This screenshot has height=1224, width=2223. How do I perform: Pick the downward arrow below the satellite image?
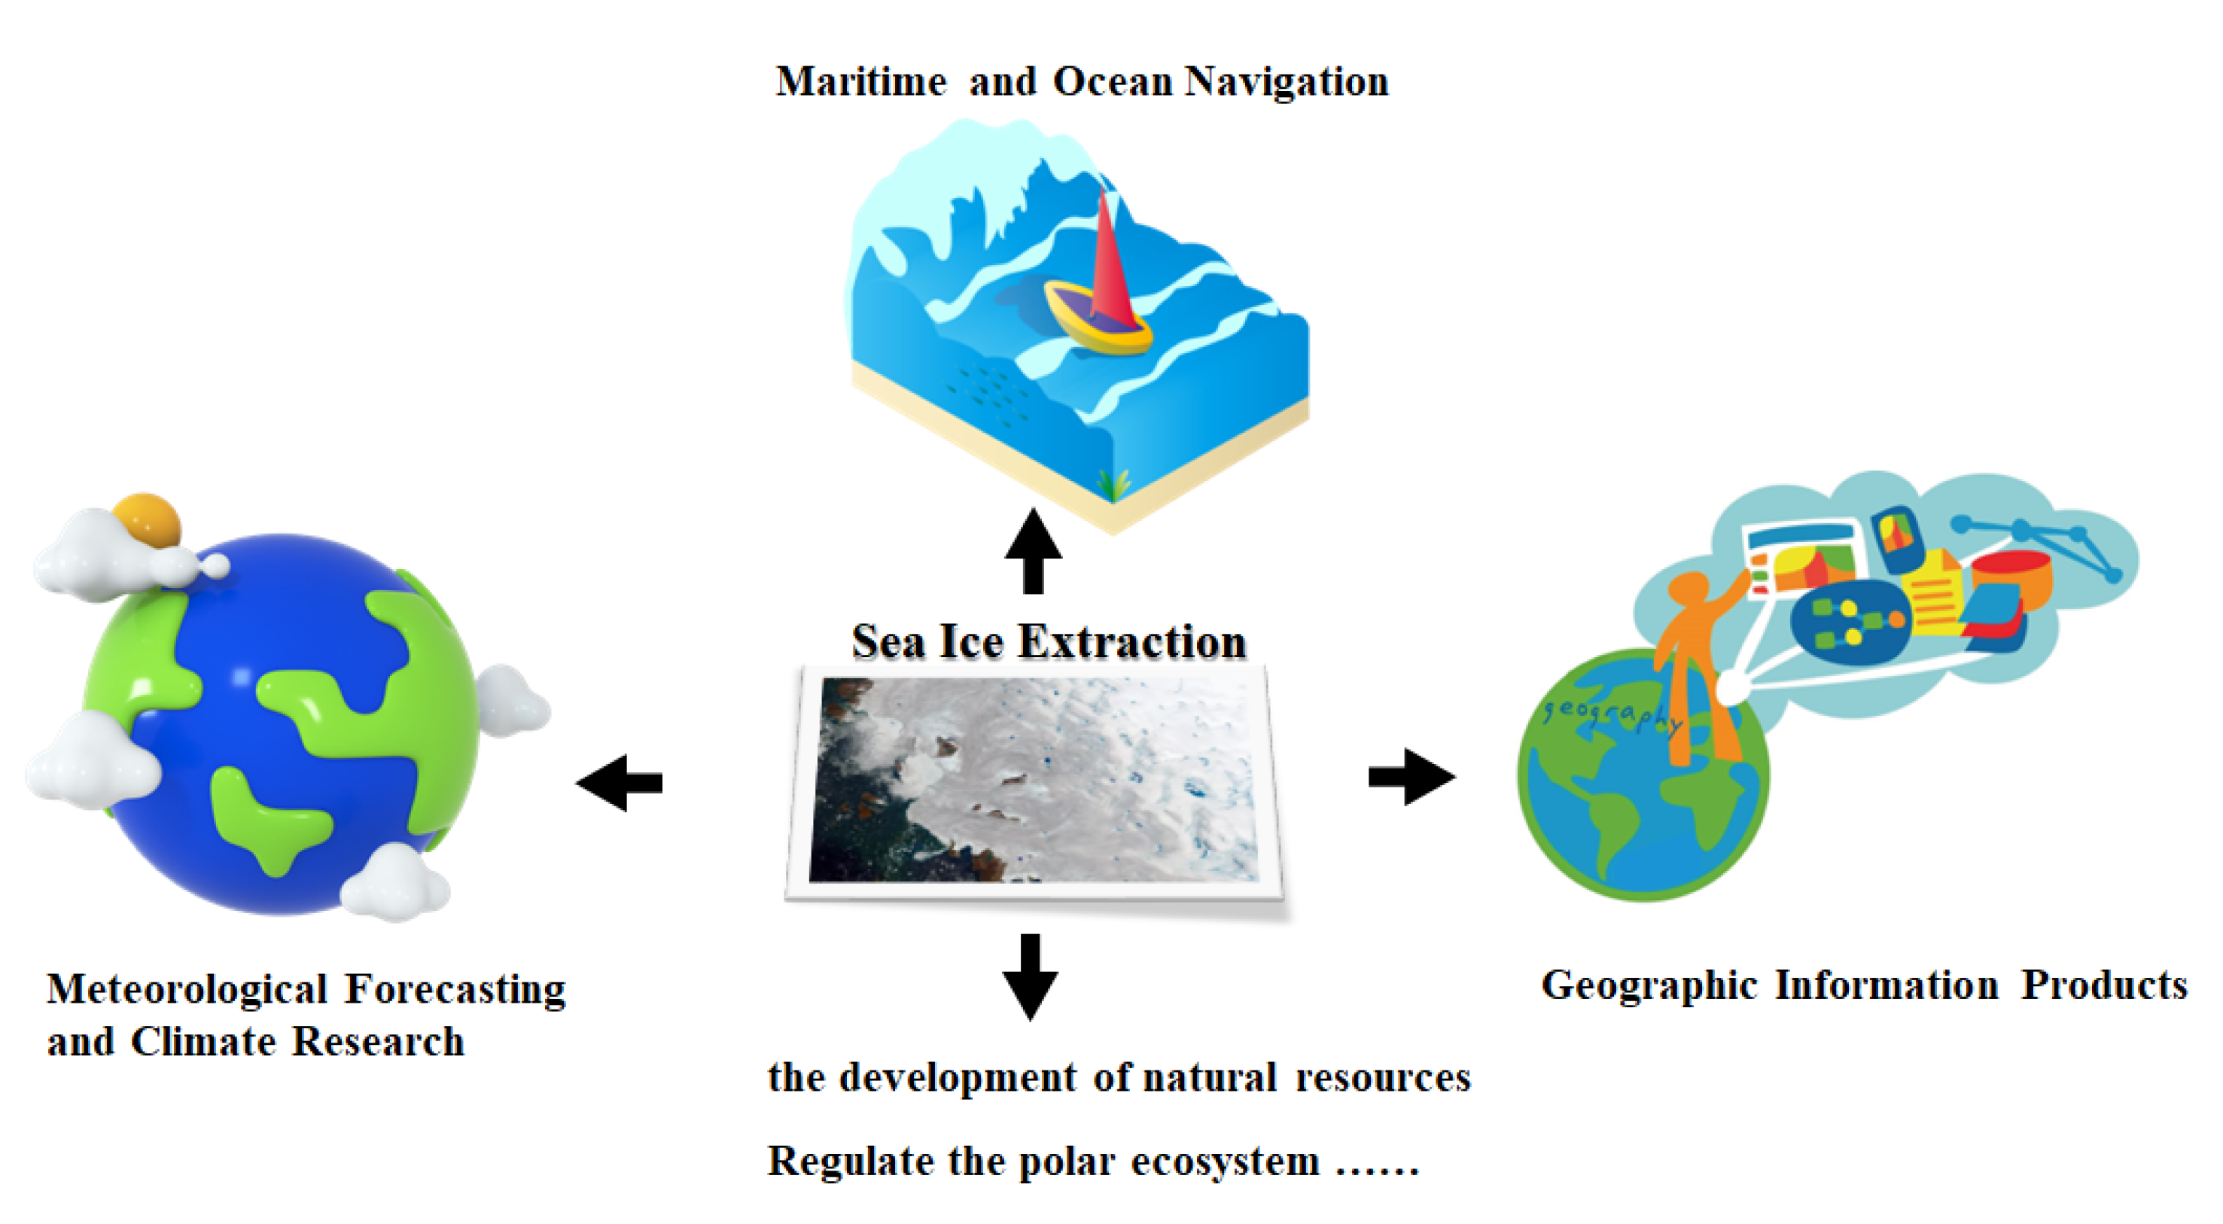[x=1030, y=976]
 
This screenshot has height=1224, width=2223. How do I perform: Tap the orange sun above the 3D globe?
[x=147, y=519]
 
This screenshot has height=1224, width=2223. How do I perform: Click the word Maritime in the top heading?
[x=860, y=82]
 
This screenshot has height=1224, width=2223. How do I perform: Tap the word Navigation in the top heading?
[x=1286, y=82]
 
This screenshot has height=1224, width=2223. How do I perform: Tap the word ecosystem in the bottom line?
[x=1225, y=1161]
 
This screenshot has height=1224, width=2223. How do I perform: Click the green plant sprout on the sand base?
[x=1113, y=483]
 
